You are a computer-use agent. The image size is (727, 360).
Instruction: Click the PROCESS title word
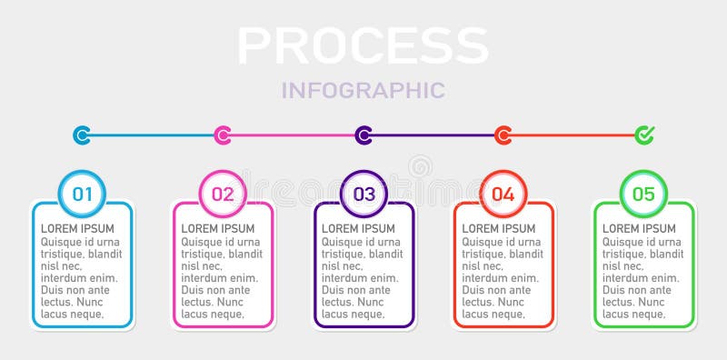[363, 45]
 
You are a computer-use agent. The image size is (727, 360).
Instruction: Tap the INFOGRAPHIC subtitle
[363, 90]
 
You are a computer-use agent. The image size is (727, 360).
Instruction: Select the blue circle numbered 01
[82, 194]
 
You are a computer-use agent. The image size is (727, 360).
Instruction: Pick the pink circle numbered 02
[223, 194]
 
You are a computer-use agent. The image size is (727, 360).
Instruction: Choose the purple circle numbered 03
[363, 194]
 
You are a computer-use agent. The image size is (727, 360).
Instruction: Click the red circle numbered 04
[503, 194]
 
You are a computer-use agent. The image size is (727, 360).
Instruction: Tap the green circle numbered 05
[643, 194]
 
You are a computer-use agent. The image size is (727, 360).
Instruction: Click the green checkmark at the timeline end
[644, 135]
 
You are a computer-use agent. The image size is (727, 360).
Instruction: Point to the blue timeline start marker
[82, 135]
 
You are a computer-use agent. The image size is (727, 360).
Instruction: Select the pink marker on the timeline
[223, 135]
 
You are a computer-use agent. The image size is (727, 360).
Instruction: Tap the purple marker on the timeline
[363, 135]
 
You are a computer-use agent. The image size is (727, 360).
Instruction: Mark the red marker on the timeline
[503, 135]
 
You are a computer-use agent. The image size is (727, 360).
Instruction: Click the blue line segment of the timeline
[152, 135]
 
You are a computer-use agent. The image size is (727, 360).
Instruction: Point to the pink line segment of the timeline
[293, 135]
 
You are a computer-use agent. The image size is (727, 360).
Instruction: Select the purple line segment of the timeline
[433, 135]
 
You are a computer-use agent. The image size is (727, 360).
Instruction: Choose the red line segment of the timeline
[573, 135]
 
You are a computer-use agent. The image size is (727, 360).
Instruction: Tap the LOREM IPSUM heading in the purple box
[359, 228]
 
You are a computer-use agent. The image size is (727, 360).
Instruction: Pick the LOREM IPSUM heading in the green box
[640, 228]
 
